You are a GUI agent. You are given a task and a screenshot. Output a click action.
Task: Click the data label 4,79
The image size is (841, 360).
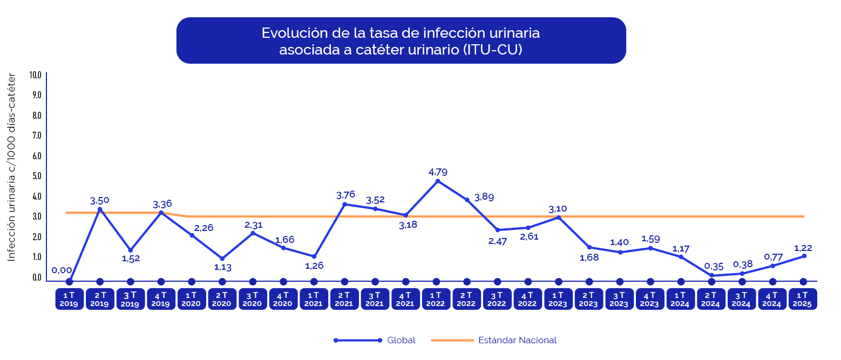point(438,172)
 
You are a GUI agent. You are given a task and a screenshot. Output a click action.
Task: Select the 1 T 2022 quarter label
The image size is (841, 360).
point(435,299)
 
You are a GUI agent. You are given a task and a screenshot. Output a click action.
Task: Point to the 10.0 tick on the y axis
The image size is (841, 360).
point(36,74)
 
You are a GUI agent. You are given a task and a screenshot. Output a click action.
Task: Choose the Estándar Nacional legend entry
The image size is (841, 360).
point(517,341)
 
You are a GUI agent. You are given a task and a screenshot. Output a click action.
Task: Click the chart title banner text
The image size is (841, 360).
point(401,41)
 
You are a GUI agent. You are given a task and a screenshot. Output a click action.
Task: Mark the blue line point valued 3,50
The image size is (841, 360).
point(100,209)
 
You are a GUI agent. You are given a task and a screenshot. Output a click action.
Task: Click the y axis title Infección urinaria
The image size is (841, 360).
point(11,167)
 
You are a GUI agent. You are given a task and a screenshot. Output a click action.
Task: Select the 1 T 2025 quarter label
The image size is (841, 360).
point(802,299)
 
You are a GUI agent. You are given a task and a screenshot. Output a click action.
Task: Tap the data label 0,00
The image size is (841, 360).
point(62,270)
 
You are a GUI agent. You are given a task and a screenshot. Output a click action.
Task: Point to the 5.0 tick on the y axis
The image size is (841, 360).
point(36,176)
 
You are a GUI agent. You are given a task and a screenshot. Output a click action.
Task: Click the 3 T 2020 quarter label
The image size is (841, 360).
point(252,299)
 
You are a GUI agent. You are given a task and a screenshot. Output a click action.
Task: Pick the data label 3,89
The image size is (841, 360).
point(484,197)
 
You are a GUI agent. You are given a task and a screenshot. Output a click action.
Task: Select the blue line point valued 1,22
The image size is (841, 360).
point(804,256)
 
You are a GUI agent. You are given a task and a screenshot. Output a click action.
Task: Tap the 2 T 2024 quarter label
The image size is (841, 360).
point(710,299)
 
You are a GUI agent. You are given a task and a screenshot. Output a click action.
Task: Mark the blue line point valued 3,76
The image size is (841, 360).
point(344,204)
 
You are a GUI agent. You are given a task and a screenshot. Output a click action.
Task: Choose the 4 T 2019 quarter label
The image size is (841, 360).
point(160,299)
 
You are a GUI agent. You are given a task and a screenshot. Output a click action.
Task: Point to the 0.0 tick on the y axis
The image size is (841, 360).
point(36,277)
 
